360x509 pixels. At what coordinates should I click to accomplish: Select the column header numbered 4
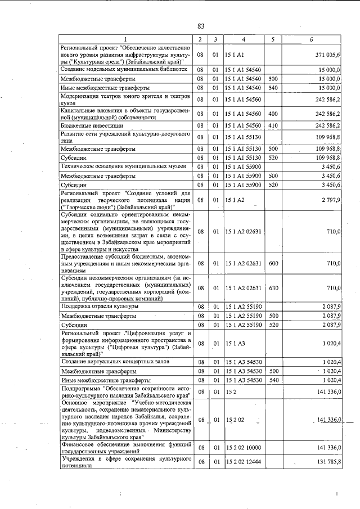tap(244, 39)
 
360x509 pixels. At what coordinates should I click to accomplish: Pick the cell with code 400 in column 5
tap(273, 114)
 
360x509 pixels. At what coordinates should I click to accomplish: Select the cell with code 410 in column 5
tap(273, 125)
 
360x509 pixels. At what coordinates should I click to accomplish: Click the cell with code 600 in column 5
tap(273, 262)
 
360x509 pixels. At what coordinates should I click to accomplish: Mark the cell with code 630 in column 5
tap(273, 288)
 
